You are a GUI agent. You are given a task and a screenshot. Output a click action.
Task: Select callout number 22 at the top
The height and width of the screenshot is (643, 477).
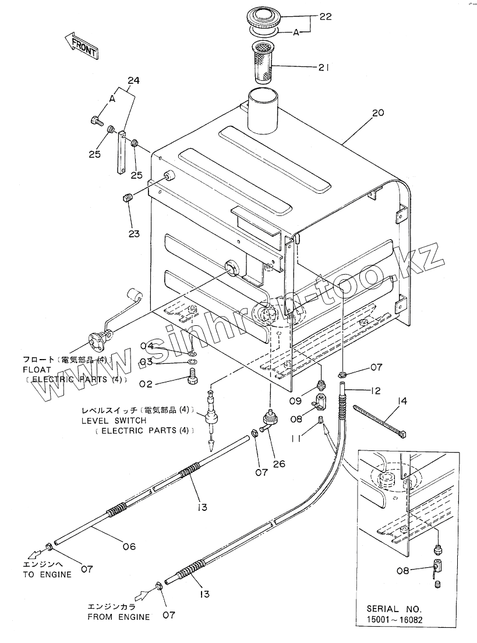[x=325, y=17]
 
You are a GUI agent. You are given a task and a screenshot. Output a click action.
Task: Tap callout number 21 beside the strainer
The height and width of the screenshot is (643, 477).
[x=324, y=68]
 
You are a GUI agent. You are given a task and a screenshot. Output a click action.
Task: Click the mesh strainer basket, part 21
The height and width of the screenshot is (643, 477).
[x=265, y=63]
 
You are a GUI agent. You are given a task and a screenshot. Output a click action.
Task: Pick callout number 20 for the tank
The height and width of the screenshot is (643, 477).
[x=377, y=113]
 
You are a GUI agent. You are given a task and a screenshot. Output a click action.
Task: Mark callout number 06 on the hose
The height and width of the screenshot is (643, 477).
[x=129, y=546]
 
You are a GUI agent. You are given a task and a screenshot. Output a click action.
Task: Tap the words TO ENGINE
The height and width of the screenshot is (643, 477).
[x=47, y=574]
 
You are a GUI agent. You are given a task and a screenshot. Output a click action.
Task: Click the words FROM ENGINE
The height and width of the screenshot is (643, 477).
[x=118, y=617]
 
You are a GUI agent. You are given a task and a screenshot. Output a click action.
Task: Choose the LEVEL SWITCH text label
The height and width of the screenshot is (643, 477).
[x=114, y=420]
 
